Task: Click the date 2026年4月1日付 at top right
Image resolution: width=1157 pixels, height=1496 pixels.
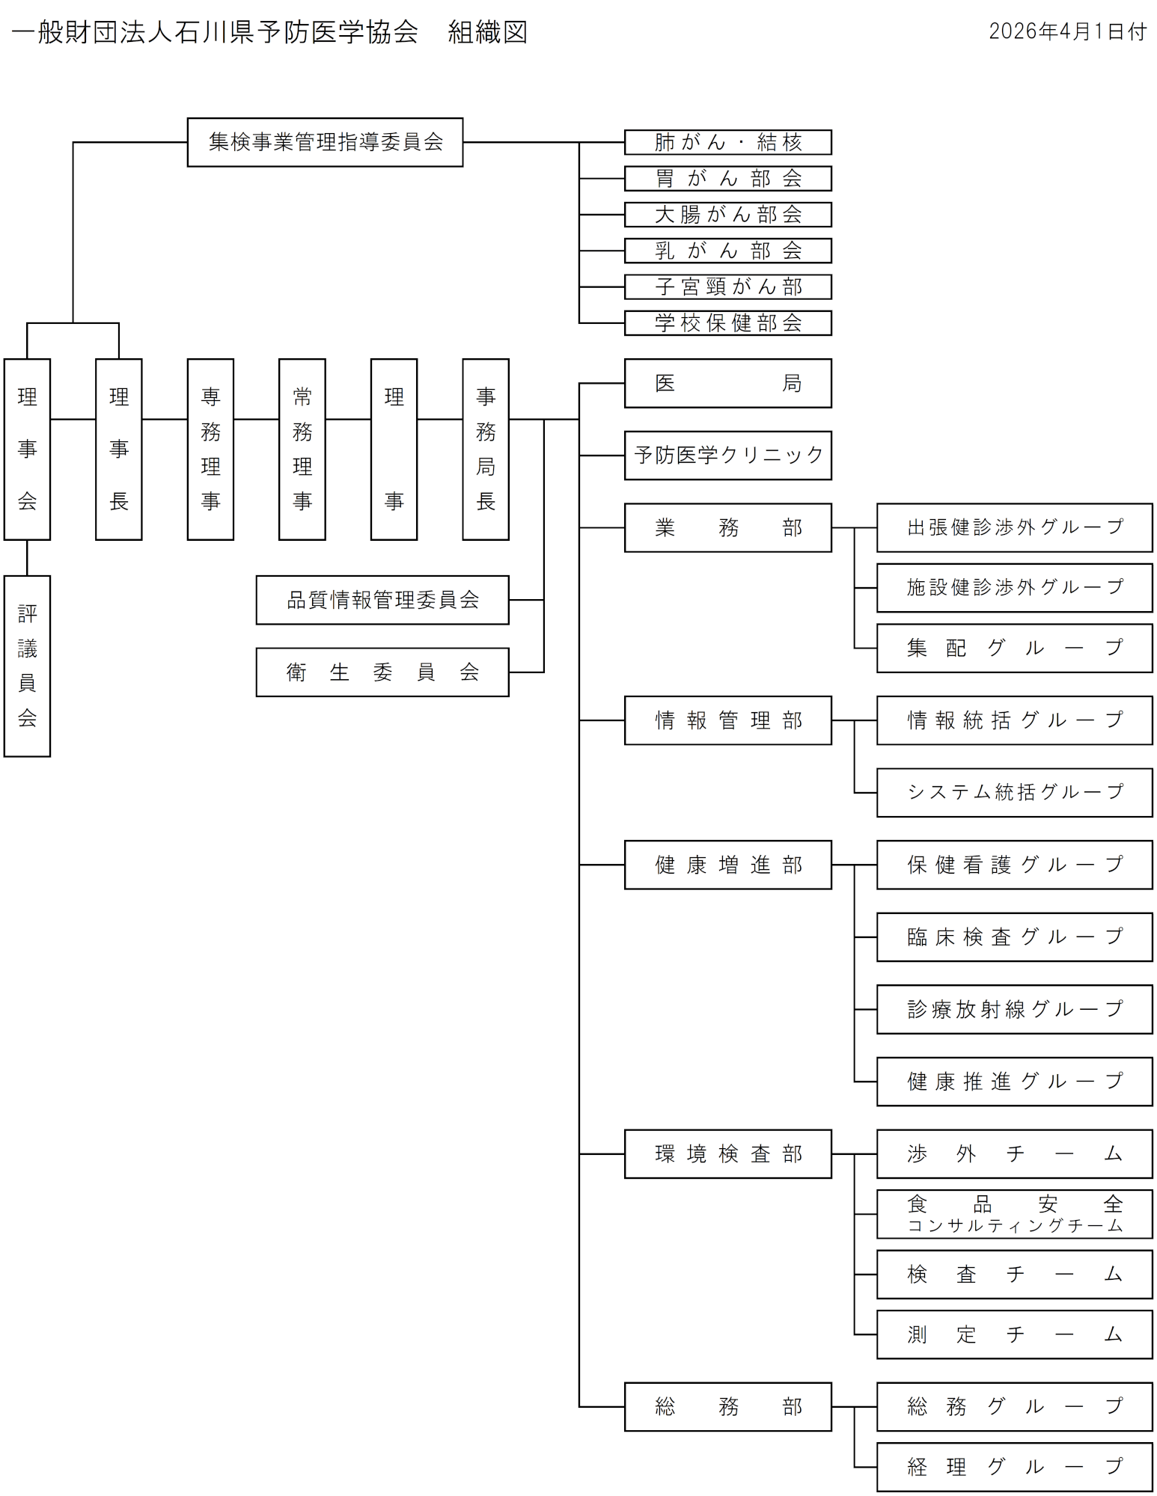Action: click(x=1067, y=31)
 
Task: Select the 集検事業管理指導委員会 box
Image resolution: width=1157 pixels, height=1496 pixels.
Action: click(x=325, y=142)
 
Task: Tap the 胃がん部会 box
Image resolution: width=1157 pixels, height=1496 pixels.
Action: click(x=727, y=179)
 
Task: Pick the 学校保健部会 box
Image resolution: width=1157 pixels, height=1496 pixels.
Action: click(x=727, y=323)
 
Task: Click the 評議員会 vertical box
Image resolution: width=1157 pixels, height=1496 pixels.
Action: click(x=27, y=666)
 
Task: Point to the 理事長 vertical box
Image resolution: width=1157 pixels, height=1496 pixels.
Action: click(x=118, y=449)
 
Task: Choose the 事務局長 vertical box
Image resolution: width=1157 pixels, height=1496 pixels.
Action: click(x=485, y=449)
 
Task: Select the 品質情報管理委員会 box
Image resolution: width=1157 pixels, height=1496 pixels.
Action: click(x=382, y=600)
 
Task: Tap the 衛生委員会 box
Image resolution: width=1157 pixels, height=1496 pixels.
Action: click(x=382, y=672)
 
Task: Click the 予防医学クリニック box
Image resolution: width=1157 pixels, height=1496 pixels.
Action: click(x=727, y=455)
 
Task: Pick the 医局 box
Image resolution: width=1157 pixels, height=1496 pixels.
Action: click(x=727, y=383)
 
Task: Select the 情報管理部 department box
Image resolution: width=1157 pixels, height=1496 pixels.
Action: click(x=727, y=720)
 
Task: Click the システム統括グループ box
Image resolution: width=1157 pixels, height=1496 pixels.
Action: click(x=1014, y=792)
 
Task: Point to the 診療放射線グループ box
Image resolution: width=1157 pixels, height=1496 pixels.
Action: click(x=1014, y=1009)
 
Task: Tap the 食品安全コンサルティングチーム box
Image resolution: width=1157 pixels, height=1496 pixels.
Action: click(x=1014, y=1214)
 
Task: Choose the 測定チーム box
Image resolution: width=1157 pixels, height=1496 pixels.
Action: click(x=1014, y=1334)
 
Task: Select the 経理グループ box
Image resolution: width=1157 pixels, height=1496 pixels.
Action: click(x=1014, y=1467)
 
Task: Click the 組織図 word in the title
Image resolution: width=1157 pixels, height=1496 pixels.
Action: click(x=487, y=32)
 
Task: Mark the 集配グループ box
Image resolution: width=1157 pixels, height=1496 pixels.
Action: click(x=1014, y=648)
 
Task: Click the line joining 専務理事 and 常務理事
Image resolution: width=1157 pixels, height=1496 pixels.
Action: click(x=256, y=419)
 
